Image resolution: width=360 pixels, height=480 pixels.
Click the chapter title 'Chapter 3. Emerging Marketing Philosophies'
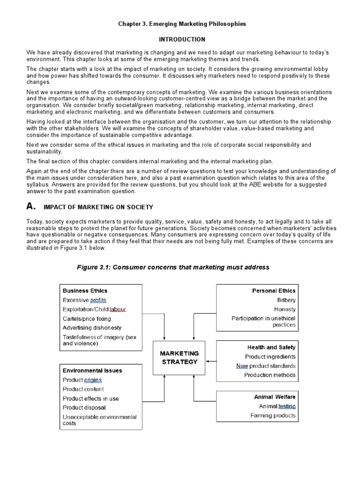tap(181, 23)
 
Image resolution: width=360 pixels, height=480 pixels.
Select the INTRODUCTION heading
tap(181, 39)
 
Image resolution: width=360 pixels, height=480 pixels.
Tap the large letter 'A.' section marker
tap(31, 206)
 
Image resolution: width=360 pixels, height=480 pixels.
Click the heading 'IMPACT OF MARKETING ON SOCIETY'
tap(98, 207)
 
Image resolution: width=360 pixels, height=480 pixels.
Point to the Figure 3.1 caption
tap(173, 267)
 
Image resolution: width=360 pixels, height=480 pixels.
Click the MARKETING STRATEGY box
tap(180, 358)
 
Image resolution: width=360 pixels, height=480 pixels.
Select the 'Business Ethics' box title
tap(85, 291)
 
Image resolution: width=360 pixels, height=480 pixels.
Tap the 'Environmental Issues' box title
tap(92, 370)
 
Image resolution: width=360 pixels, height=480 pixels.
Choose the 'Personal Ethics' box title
tap(274, 291)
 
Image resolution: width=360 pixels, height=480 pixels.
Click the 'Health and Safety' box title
tap(271, 347)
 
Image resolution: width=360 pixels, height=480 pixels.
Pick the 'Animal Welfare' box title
tap(275, 397)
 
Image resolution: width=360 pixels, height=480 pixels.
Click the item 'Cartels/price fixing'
tap(87, 319)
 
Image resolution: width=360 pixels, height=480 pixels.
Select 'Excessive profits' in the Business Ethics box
tap(84, 300)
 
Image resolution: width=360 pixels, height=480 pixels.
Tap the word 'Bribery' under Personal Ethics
tap(286, 300)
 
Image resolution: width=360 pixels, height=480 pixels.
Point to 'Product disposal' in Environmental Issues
tap(84, 408)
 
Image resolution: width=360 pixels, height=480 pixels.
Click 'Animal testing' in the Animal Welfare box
tap(277, 406)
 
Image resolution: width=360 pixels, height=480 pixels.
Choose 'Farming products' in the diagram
tap(273, 415)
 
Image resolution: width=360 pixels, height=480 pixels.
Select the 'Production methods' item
tap(270, 375)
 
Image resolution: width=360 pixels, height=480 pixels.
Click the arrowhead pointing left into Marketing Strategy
tap(208, 361)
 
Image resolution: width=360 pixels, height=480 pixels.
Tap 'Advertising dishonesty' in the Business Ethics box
tap(92, 328)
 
